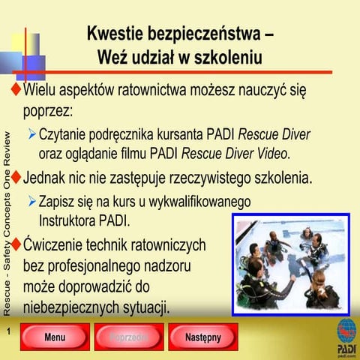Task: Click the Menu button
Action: [x=55, y=337]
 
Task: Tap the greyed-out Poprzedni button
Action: [x=128, y=337]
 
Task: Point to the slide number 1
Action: [x=7, y=331]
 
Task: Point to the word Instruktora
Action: [x=71, y=220]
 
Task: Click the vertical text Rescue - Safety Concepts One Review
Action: [x=7, y=223]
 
